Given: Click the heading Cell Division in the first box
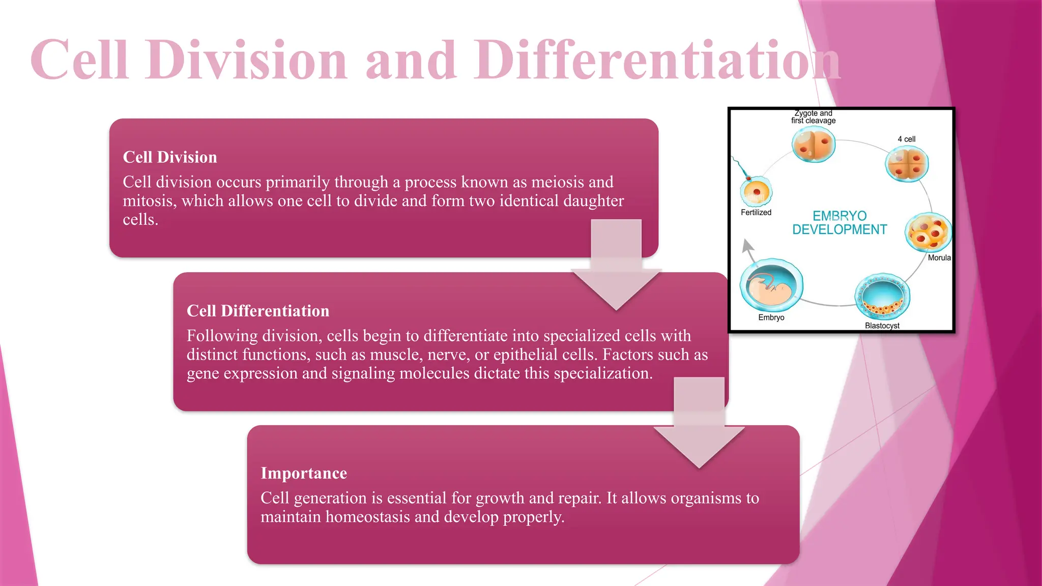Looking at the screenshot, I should [x=170, y=157].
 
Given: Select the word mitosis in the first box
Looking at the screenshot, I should [x=149, y=201].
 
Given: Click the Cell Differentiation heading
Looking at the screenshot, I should [x=258, y=311].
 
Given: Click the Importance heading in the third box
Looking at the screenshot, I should [x=304, y=473].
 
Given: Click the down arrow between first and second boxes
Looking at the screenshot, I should [x=616, y=270].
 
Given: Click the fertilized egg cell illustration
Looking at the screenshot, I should [x=756, y=192].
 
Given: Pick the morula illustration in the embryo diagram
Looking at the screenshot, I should [x=929, y=232].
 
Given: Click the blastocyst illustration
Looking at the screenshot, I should [x=882, y=297].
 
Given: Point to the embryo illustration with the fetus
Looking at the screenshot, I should [x=771, y=285].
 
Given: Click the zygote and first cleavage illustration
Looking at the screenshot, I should [x=814, y=144].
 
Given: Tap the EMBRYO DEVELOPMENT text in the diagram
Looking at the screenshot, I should [x=840, y=223].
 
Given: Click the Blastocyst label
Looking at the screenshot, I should [x=882, y=326].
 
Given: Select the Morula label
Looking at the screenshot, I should [x=939, y=258].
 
